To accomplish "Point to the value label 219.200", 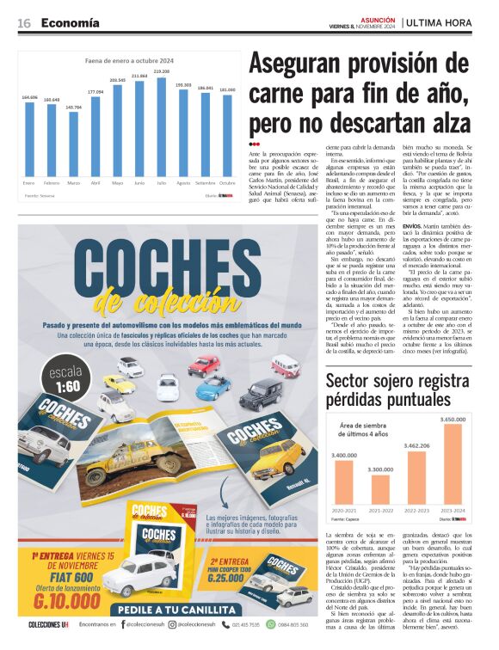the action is (x=162, y=71).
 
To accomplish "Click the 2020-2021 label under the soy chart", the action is (x=343, y=509).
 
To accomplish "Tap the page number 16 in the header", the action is (x=24, y=22).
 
